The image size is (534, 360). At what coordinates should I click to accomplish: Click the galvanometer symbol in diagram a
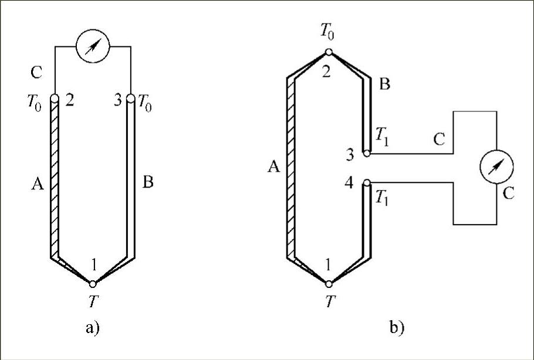tap(92, 46)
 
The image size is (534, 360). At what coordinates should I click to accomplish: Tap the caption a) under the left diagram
tap(92, 328)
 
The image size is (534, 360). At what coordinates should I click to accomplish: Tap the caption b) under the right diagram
tap(397, 328)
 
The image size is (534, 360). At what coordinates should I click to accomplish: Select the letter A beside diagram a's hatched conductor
tap(38, 185)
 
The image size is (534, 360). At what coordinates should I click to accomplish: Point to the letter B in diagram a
tap(148, 183)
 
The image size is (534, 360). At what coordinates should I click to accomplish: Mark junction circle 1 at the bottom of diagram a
tap(93, 284)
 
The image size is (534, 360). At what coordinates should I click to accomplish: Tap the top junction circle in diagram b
tap(329, 52)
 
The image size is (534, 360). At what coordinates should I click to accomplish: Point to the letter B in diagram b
tap(385, 84)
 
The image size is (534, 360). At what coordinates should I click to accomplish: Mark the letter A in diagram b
tap(272, 168)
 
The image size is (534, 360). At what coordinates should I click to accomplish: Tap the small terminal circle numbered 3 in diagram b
tap(366, 154)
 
